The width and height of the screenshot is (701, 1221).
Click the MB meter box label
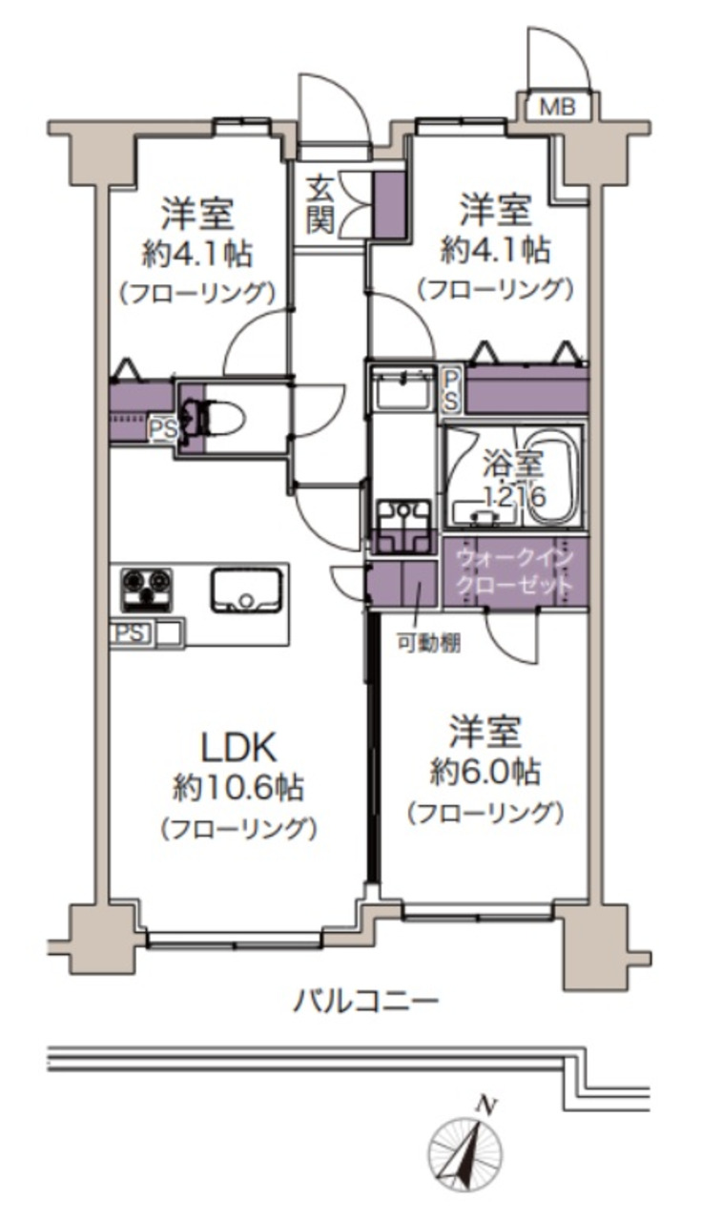point(559,107)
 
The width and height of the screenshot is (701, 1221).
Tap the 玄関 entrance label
point(320,205)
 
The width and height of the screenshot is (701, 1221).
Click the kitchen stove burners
point(145,590)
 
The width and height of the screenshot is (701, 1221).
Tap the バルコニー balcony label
point(365,1002)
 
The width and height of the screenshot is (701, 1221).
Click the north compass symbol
point(464,1152)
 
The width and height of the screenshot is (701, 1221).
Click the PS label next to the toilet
point(161,429)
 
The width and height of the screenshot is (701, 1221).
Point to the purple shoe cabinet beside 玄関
point(385,204)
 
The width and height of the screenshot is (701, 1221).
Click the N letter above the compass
point(487,1107)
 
